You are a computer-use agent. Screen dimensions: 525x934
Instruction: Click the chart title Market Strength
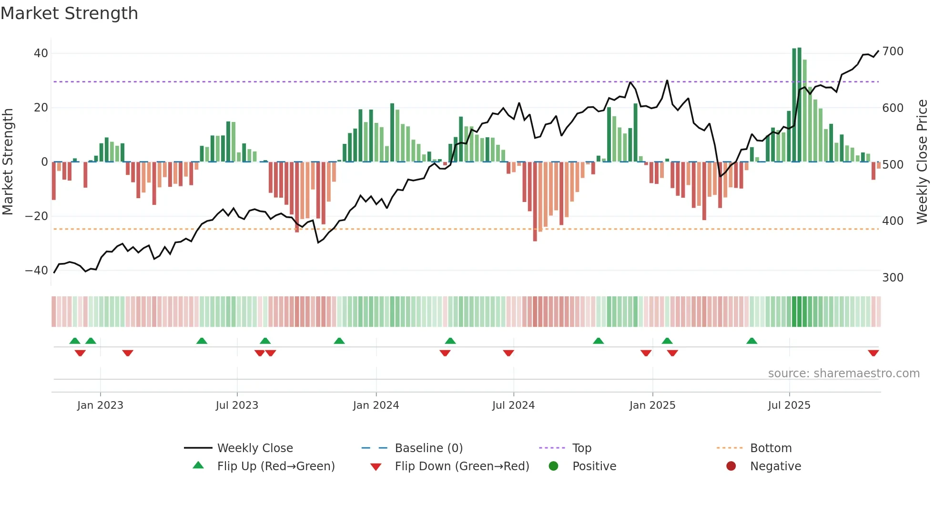(x=69, y=13)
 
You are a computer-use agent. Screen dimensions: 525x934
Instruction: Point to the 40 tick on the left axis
(x=41, y=53)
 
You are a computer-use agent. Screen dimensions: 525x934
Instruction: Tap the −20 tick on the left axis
(x=37, y=216)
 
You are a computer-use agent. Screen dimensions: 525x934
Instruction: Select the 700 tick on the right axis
(x=893, y=51)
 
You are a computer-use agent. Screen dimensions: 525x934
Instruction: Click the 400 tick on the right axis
(x=893, y=221)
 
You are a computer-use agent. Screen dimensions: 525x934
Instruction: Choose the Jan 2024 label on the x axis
(x=376, y=405)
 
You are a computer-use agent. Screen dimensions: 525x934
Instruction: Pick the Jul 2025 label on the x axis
(x=789, y=405)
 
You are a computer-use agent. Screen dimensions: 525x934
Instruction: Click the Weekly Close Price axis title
(x=922, y=162)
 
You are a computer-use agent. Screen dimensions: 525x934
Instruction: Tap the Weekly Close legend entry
(x=255, y=448)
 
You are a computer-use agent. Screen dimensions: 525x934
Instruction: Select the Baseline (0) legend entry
(x=428, y=448)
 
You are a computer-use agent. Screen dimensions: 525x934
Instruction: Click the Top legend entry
(x=581, y=448)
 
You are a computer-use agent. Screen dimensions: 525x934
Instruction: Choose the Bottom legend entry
(x=771, y=448)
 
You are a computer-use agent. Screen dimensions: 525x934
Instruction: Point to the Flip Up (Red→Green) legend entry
(x=276, y=466)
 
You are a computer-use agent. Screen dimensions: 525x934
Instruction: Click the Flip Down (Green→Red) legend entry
(x=462, y=466)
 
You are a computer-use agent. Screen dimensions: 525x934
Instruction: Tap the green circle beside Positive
(x=553, y=466)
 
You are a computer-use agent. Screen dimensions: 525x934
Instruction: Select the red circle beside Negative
(x=731, y=466)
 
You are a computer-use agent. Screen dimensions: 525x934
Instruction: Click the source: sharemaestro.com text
(x=843, y=374)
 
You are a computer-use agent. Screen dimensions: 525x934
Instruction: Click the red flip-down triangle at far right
(x=873, y=353)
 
